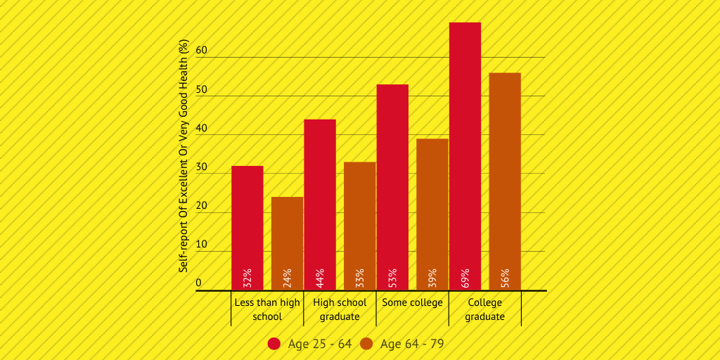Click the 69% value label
(465, 277)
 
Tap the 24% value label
(288, 277)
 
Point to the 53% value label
(393, 277)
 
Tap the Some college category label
(412, 302)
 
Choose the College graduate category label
(484, 309)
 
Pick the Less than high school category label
(267, 309)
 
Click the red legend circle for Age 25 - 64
(274, 344)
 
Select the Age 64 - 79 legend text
(412, 344)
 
